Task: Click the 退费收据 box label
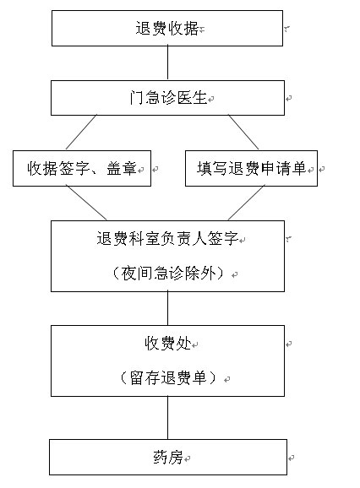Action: [x=167, y=29]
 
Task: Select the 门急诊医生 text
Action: [x=168, y=98]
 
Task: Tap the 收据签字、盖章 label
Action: [x=82, y=168]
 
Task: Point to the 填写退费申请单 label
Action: [x=251, y=168]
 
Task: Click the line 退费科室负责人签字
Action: [x=167, y=239]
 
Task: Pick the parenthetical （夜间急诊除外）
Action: [x=168, y=274]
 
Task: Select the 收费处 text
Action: [x=168, y=344]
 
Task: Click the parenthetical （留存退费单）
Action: [x=168, y=378]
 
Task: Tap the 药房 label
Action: [x=168, y=458]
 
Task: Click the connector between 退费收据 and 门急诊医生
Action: [x=167, y=63]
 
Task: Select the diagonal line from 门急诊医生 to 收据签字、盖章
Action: [x=81, y=133]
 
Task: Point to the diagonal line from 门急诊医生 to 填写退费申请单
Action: [x=243, y=133]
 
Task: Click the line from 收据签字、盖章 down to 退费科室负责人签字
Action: [x=86, y=203]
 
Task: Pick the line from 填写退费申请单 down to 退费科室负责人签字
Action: [x=246, y=203]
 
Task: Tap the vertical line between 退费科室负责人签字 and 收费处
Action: [x=167, y=309]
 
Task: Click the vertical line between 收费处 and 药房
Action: [x=167, y=418]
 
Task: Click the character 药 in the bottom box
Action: [x=160, y=458]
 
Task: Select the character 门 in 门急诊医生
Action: [x=137, y=98]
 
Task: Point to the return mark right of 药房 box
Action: [x=292, y=458]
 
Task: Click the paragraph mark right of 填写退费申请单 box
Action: [x=322, y=169]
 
